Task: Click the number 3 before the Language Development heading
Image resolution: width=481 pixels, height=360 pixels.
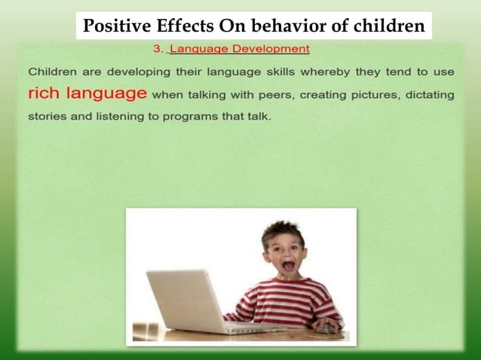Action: [x=157, y=49]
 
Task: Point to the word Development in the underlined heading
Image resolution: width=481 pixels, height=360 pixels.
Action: [x=272, y=49]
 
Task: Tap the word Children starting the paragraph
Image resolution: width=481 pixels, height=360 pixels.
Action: [x=55, y=72]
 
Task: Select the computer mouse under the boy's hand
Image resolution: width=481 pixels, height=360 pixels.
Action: [x=326, y=329]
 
